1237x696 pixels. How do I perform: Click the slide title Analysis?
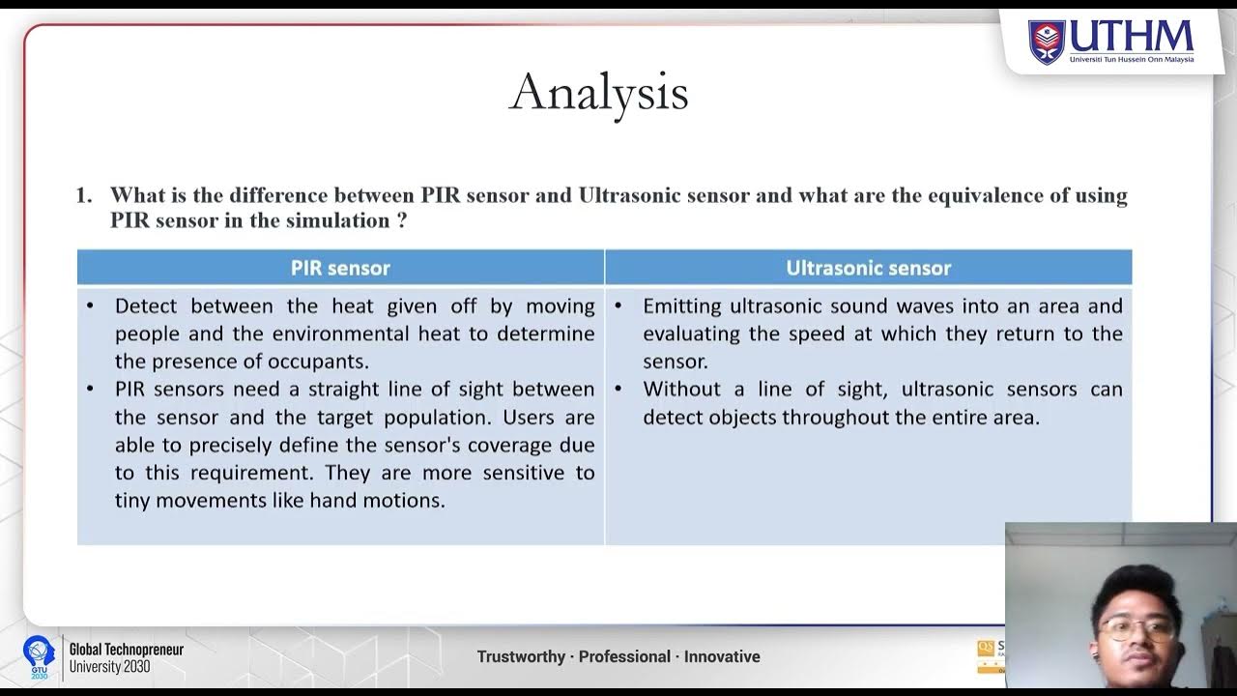(x=598, y=94)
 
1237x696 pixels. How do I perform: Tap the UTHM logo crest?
(x=1046, y=42)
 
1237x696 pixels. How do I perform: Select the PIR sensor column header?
(x=340, y=268)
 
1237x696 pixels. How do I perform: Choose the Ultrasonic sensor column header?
(x=868, y=268)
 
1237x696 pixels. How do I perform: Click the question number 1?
(x=83, y=195)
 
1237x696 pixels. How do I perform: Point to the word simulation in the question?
(x=338, y=220)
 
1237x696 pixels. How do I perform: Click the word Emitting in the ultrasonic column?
(x=682, y=306)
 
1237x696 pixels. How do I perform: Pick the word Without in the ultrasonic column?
(x=682, y=390)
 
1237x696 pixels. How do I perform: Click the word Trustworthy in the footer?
(x=521, y=656)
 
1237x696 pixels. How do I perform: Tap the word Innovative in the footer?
(x=722, y=656)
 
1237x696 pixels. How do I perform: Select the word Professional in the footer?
(x=624, y=656)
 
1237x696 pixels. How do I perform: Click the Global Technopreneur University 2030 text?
(x=126, y=657)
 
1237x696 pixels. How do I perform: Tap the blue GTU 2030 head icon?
(x=39, y=654)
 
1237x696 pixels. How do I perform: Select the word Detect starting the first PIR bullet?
(x=147, y=306)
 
